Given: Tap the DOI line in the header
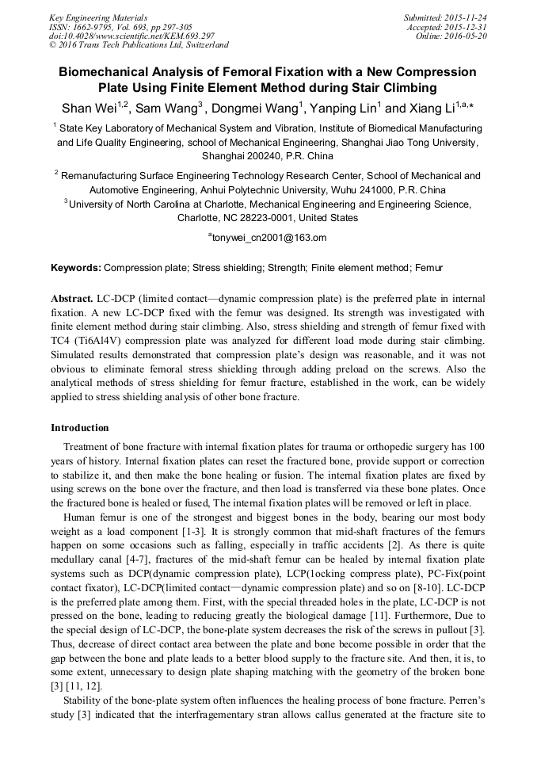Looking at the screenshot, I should click(x=131, y=36).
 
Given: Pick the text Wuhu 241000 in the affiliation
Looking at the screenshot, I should click(x=363, y=190).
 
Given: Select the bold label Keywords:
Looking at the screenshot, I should click(x=76, y=269).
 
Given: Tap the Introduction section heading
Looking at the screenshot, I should click(x=80, y=427).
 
